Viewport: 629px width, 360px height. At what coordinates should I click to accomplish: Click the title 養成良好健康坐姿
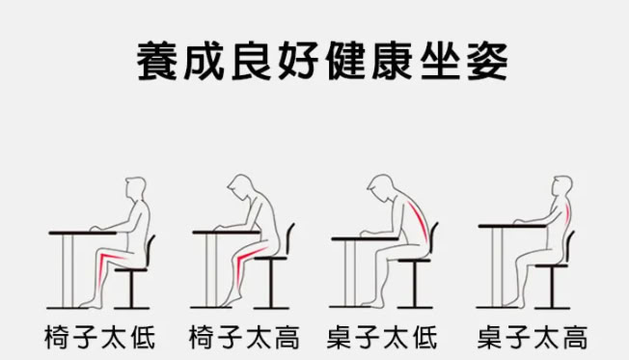coord(322,62)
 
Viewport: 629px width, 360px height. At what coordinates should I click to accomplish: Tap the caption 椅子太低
coord(99,338)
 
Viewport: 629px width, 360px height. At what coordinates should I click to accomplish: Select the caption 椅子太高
coord(244,338)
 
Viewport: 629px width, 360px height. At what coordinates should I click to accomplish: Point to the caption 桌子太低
coord(382,338)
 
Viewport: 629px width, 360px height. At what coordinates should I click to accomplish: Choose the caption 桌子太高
coord(533,338)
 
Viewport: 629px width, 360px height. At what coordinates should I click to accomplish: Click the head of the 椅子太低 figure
coord(136,188)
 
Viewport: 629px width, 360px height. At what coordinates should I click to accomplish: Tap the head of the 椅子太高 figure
coord(241,187)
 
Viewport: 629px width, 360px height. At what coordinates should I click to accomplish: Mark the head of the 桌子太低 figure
coord(382,188)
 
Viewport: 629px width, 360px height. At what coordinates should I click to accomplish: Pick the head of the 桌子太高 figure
coord(562,186)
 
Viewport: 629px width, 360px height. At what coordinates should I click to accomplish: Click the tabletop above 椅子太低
coord(83,233)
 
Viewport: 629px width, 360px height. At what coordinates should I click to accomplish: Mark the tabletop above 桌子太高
coord(512,227)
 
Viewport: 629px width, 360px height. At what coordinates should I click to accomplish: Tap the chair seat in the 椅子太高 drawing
coord(271,258)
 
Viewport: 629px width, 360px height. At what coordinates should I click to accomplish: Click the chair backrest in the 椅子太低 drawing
coord(150,249)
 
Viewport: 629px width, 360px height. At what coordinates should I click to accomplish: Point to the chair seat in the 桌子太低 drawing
coord(415,260)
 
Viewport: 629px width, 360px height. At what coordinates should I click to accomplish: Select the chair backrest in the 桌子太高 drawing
coord(569,245)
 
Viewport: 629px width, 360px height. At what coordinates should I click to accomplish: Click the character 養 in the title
coord(157,62)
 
